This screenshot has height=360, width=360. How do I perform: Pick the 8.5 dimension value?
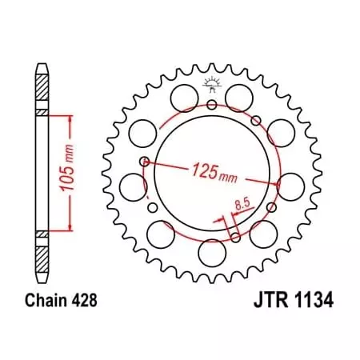click(x=239, y=206)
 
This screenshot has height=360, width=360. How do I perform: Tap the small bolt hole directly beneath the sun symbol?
click(x=212, y=104)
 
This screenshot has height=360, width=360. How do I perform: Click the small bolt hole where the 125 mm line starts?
click(x=144, y=162)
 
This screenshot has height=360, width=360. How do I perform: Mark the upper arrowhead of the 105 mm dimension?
click(x=73, y=118)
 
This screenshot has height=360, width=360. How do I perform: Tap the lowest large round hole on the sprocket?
click(x=212, y=255)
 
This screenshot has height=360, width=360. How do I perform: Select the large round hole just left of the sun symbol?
click(x=182, y=98)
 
